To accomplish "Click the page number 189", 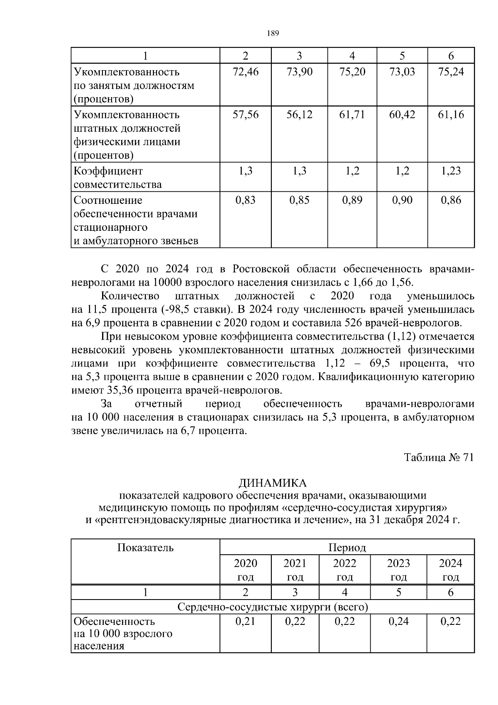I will point(273,33).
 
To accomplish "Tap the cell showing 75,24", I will point(451,72).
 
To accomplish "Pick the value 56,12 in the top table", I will point(299,115).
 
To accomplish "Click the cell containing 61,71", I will point(352,115).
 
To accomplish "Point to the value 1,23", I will point(451,171).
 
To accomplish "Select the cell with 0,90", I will point(402,201).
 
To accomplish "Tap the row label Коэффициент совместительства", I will point(117,177).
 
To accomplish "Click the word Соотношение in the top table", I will point(108,201).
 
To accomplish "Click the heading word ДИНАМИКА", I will point(273,483).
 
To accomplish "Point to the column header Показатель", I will point(145,548).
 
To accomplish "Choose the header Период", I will point(347,548).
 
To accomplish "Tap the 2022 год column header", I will point(344,570).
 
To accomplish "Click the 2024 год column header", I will point(450,570).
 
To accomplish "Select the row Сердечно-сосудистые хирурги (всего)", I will point(273,607).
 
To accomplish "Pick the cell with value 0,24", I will point(398,622).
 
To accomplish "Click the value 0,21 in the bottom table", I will point(245,622).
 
